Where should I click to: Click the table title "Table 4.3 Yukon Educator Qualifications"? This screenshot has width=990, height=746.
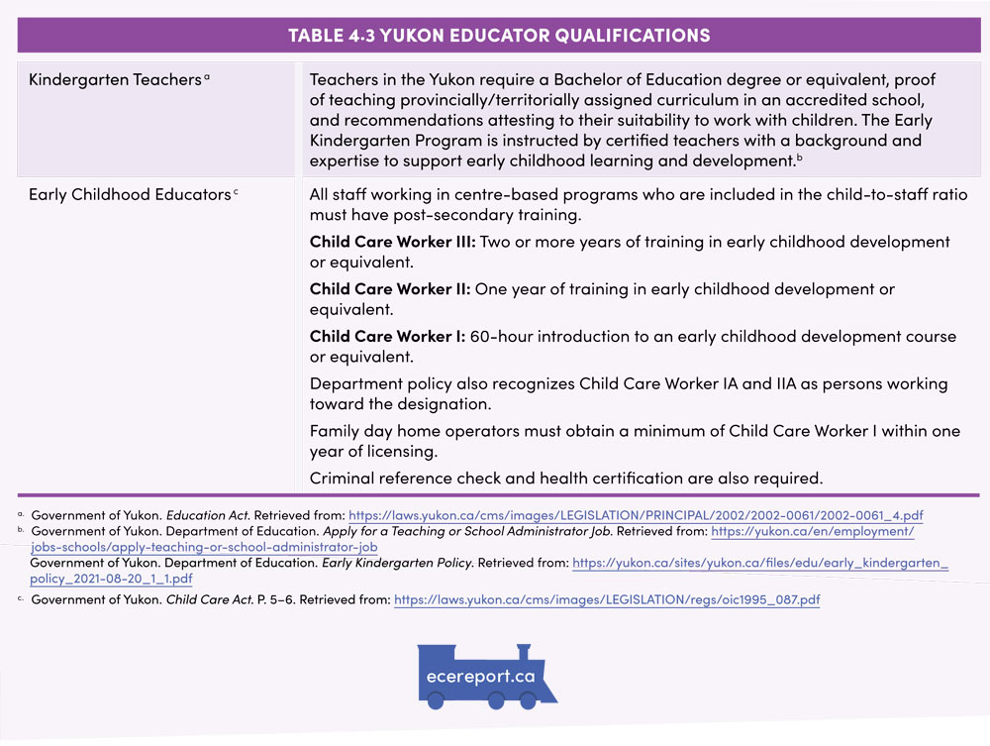coord(499,36)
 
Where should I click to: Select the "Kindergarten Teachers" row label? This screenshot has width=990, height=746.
coord(115,80)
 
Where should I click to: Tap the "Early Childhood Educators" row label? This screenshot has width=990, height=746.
coord(130,195)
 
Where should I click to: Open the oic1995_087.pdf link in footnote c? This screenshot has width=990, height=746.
coord(607,600)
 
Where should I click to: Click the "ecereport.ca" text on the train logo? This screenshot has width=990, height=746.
coord(483,677)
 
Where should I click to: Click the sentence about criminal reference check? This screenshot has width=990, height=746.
coord(566,479)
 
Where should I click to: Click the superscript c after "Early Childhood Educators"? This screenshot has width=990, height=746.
coord(237,192)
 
